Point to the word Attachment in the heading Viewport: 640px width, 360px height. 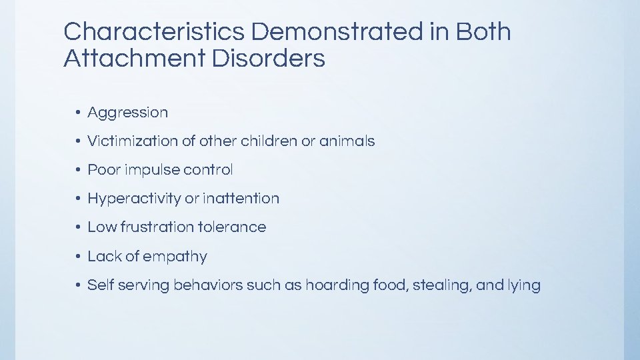pyautogui.click(x=134, y=59)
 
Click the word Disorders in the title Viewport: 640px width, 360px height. pyautogui.click(x=269, y=59)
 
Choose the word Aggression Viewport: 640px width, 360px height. pyautogui.click(x=128, y=113)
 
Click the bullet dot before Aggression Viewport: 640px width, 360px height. pyautogui.click(x=78, y=113)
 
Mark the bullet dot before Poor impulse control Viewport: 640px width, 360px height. pyautogui.click(x=78, y=170)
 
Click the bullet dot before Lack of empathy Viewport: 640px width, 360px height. pyautogui.click(x=78, y=257)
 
